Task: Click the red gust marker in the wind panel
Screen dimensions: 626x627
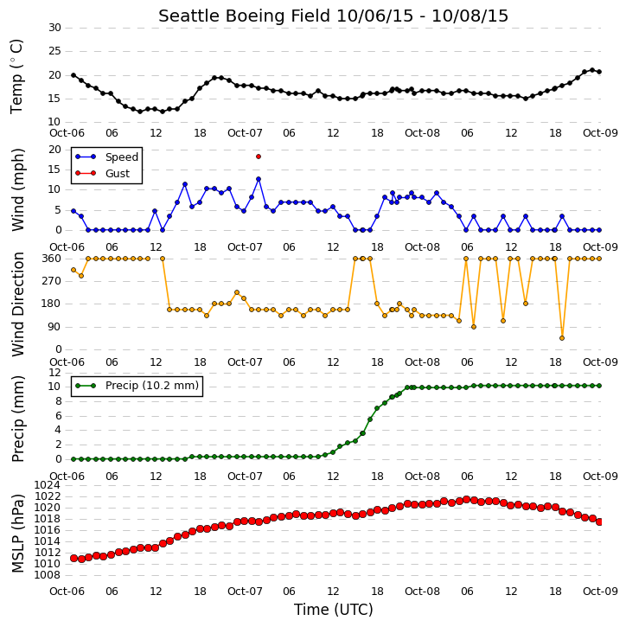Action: pyautogui.click(x=259, y=157)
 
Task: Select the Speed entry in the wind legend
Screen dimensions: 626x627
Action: pyautogui.click(x=106, y=157)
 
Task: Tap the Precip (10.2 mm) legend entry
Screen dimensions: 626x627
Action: pyautogui.click(x=137, y=386)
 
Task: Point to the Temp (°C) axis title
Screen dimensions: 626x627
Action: pyautogui.click(x=16, y=76)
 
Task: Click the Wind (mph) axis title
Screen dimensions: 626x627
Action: pyautogui.click(x=18, y=190)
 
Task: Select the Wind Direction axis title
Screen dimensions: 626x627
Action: pyautogui.click(x=18, y=304)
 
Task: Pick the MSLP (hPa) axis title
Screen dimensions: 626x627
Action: pyautogui.click(x=18, y=533)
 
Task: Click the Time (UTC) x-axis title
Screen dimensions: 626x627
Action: pyautogui.click(x=334, y=610)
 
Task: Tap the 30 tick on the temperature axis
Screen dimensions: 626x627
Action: pyautogui.click(x=54, y=28)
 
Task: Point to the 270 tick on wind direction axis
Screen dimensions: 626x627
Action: pyautogui.click(x=52, y=281)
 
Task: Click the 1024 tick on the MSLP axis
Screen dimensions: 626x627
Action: pyautogui.click(x=48, y=485)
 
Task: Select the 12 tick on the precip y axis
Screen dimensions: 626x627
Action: pyautogui.click(x=54, y=373)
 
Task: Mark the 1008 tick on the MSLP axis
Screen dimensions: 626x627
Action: pyautogui.click(x=48, y=575)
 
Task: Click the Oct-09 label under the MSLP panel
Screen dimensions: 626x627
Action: pyautogui.click(x=600, y=591)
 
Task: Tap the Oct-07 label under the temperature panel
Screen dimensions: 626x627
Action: pyautogui.click(x=245, y=133)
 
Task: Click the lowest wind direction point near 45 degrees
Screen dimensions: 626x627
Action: pyautogui.click(x=562, y=338)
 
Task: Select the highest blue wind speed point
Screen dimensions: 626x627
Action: pyautogui.click(x=259, y=179)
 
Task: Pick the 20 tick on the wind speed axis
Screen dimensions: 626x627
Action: pyautogui.click(x=54, y=150)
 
